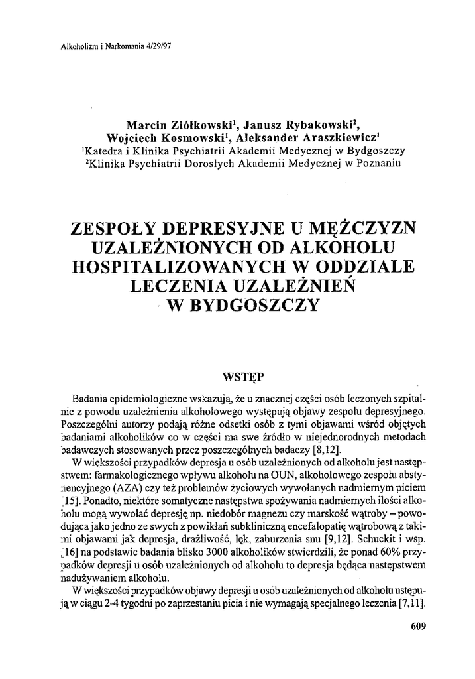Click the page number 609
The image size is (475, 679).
coord(417,625)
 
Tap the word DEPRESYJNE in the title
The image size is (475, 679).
coord(231,229)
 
